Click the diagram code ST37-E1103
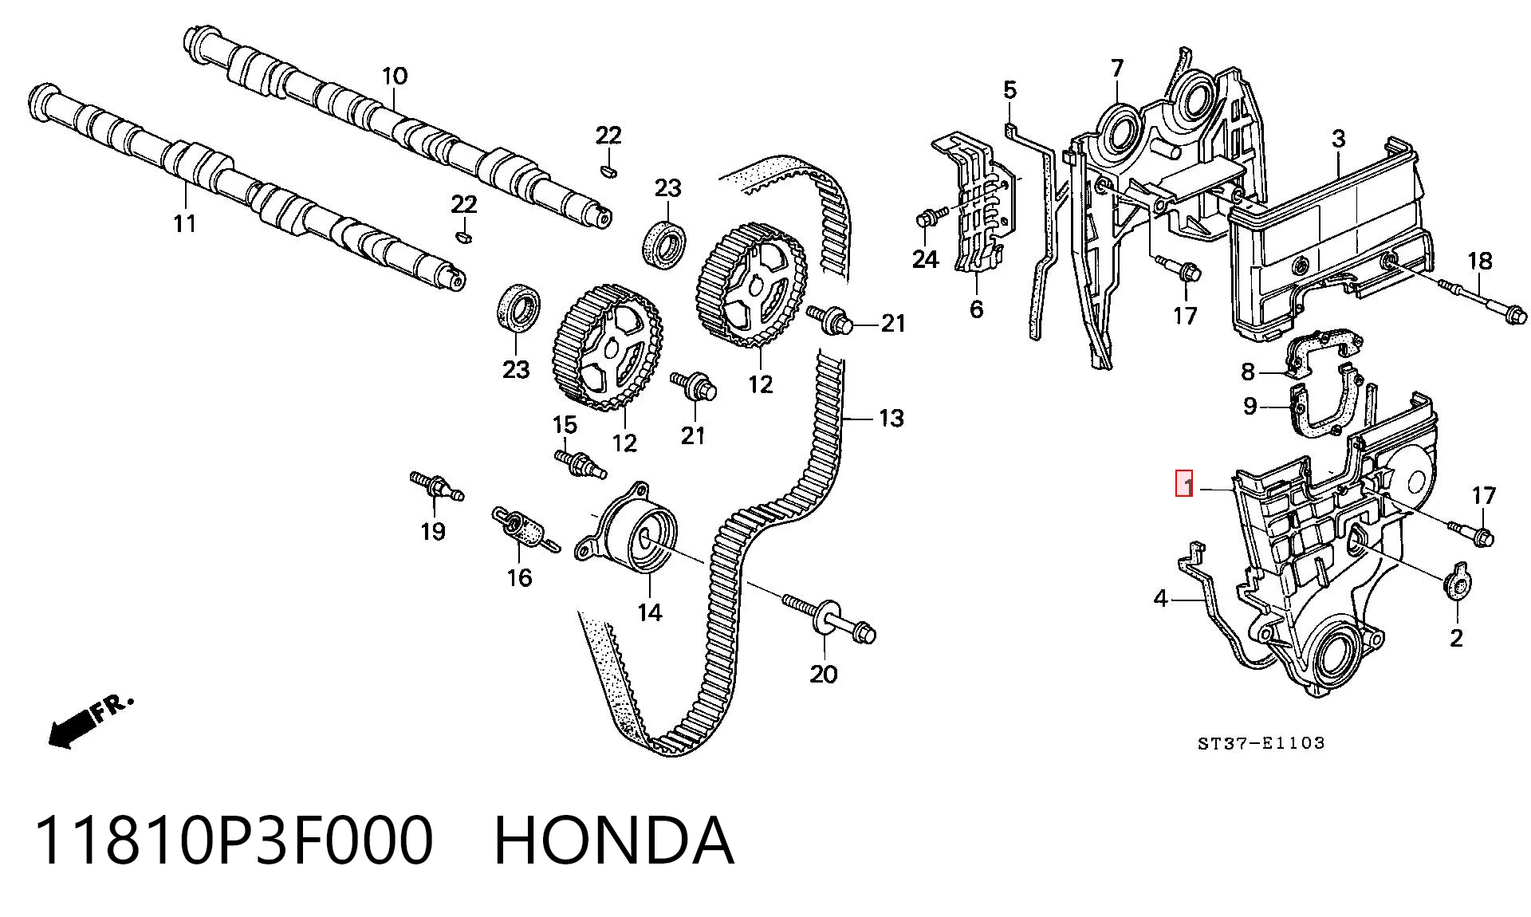pos(1261,743)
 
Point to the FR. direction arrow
pos(89,721)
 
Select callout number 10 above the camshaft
pos(395,77)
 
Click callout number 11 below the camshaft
pos(184,224)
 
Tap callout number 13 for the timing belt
pos(891,418)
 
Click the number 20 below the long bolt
pos(824,674)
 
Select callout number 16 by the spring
pos(519,577)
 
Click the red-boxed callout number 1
pos(1185,484)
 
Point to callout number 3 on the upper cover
pos(1338,139)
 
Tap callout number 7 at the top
pos(1116,69)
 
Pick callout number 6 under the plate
pos(977,309)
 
